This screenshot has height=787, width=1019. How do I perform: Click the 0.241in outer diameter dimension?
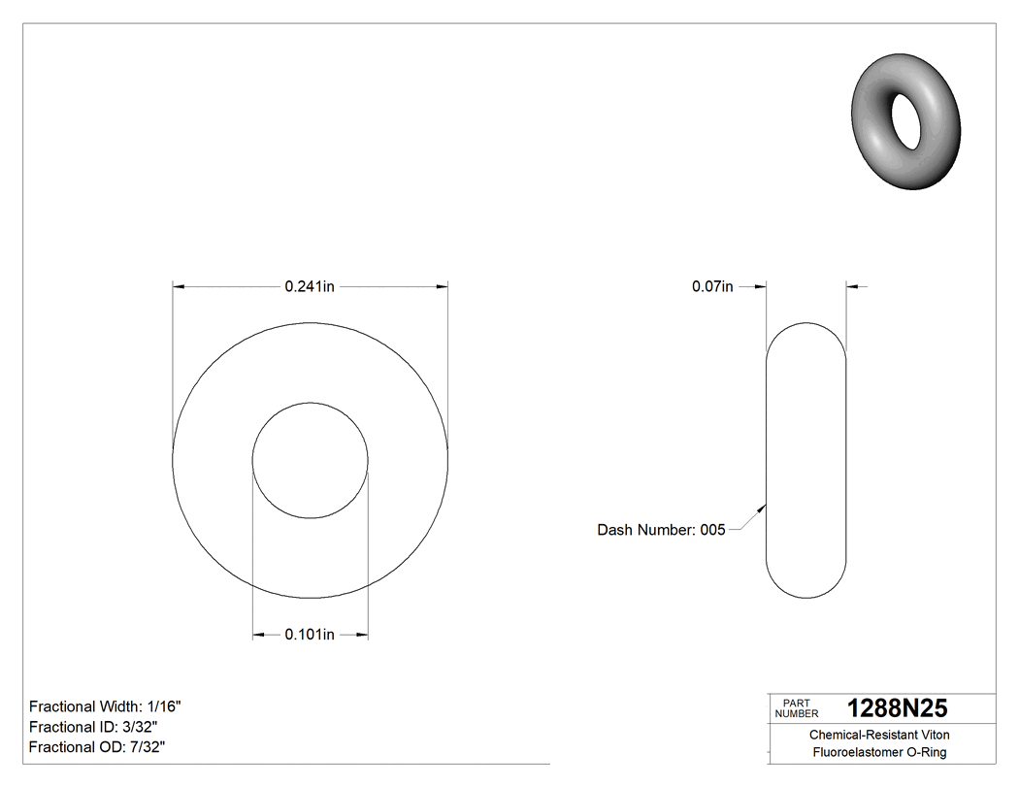310,286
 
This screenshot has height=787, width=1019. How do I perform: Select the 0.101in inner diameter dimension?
310,635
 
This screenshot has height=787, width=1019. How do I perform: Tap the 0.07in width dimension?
711,286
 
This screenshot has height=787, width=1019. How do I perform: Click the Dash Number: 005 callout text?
661,530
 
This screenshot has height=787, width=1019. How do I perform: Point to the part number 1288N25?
897,708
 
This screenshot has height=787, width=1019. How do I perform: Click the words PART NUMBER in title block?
797,708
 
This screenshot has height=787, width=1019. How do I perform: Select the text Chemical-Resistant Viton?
879,736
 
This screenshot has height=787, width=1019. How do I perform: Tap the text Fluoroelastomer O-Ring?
879,753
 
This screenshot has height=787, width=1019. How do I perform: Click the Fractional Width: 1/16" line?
105,706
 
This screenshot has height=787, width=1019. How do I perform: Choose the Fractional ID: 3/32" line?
93,727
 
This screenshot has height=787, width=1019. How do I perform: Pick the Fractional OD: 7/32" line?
96,747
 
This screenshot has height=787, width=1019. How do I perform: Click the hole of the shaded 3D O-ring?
906,121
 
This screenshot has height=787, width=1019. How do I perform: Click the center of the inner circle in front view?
310,461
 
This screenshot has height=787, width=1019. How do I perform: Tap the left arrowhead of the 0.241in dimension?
179,286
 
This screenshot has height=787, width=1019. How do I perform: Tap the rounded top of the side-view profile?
806,324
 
